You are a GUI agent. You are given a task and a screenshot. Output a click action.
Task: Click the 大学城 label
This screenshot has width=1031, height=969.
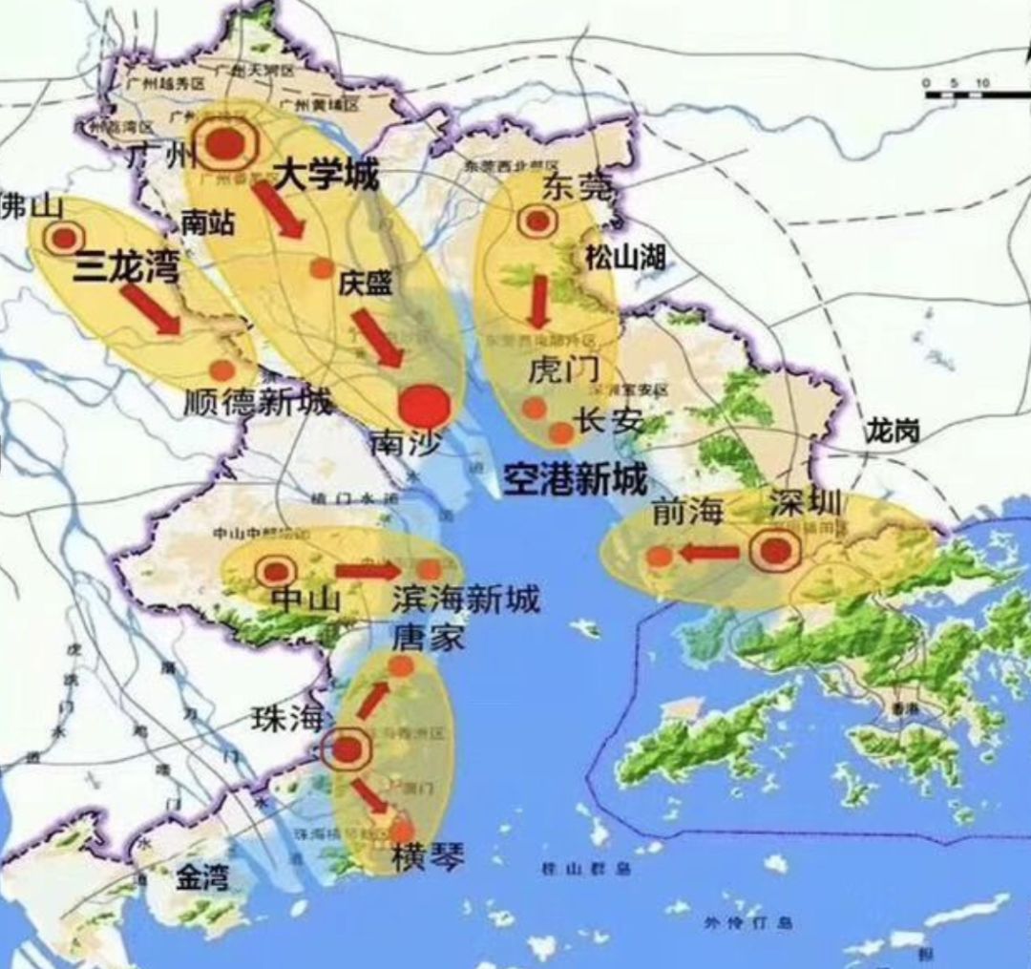tap(326, 175)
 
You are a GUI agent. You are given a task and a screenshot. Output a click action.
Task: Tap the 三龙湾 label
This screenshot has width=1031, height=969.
tap(127, 268)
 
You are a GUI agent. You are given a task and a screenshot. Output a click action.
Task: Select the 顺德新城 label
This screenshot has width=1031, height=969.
tap(258, 402)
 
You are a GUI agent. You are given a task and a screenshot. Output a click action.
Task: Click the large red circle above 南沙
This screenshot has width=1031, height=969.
tap(425, 407)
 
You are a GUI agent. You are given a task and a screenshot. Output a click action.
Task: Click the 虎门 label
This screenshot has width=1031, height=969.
tap(563, 371)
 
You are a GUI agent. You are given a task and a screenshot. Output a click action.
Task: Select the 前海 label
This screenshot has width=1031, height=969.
tap(685, 514)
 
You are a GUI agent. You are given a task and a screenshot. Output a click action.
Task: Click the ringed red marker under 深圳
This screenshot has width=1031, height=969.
tap(774, 551)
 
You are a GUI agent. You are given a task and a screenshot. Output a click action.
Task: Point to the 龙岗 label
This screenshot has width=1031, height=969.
tap(893, 432)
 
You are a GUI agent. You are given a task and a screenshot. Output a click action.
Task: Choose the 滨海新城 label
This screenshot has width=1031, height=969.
tap(466, 600)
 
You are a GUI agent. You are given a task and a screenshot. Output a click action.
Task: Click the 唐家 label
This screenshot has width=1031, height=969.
tap(427, 638)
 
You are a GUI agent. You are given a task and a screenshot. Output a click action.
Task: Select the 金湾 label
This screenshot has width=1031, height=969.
tap(202, 877)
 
